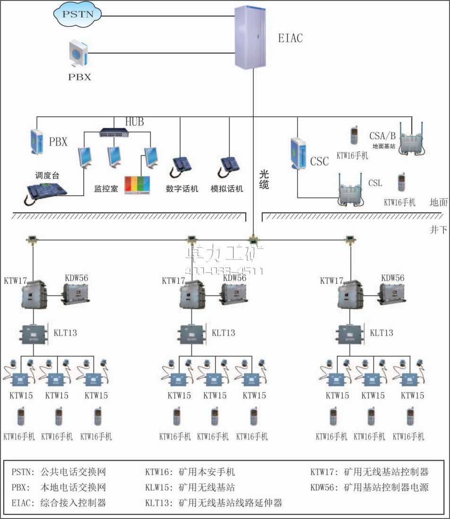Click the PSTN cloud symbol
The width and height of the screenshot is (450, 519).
click(x=78, y=15)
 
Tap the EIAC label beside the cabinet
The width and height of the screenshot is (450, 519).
click(x=290, y=38)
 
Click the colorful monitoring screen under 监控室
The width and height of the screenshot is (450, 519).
click(x=137, y=184)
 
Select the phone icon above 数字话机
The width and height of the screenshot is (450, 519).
click(x=182, y=165)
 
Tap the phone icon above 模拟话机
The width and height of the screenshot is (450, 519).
click(x=231, y=165)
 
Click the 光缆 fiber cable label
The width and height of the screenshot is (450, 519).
click(x=264, y=179)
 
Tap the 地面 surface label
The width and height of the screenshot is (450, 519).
click(x=438, y=202)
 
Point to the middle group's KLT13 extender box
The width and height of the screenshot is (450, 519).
click(x=191, y=334)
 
